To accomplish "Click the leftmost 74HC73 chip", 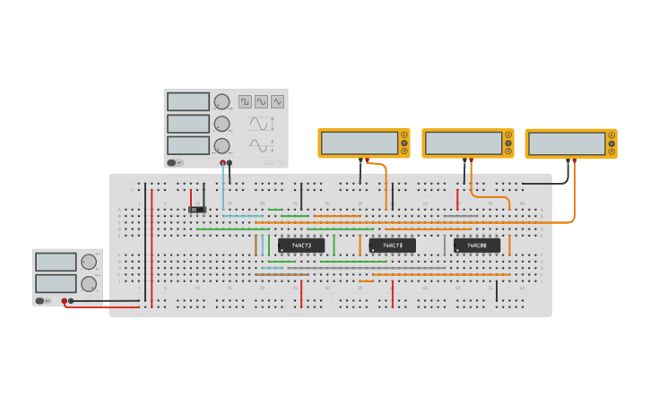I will click(301, 245).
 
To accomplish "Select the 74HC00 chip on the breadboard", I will click(476, 245).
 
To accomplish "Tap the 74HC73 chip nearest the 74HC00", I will click(393, 245).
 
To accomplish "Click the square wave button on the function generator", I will click(245, 102).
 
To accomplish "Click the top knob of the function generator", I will click(221, 102).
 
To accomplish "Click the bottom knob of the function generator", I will click(221, 145).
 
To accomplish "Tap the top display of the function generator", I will click(188, 102).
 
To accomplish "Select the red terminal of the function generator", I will click(222, 162).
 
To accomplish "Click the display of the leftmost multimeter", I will click(359, 143).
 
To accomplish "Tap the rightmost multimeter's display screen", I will click(567, 143).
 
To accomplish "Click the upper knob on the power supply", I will click(89, 263).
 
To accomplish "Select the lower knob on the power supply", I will click(89, 283).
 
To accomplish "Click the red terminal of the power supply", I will click(64, 301).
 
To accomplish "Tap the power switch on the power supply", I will click(42, 300).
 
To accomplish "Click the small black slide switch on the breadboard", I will click(197, 210).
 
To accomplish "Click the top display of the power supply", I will click(56, 262).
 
